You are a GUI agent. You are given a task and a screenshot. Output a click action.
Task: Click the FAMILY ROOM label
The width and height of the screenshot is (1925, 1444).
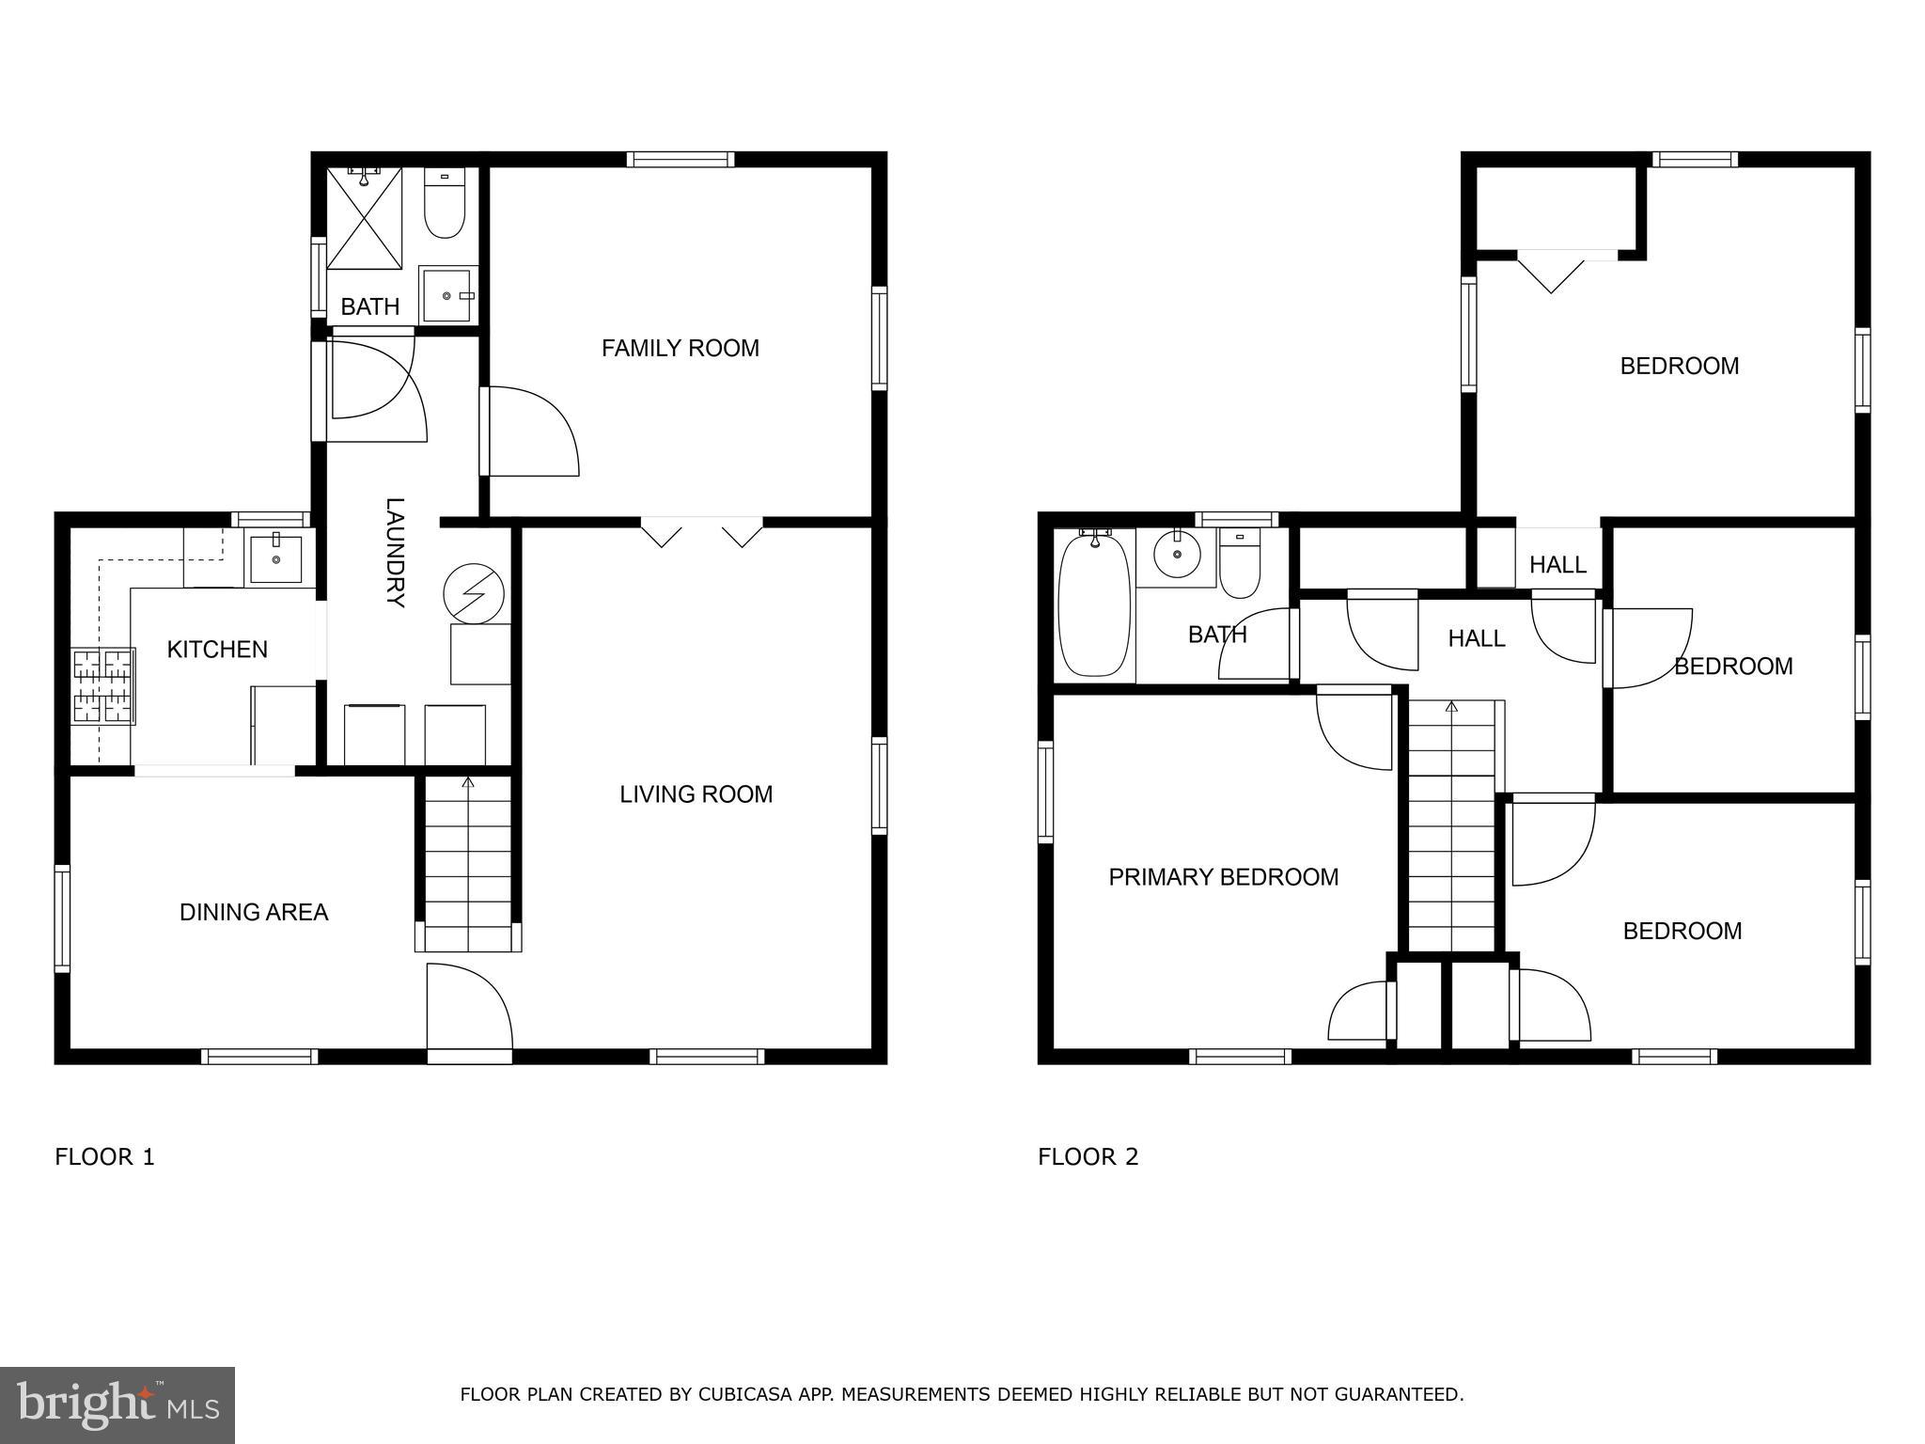tap(680, 349)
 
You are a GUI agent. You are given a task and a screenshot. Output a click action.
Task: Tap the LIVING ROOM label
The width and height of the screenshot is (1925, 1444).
tap(696, 794)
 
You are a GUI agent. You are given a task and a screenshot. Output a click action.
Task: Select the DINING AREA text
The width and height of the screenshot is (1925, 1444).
tap(254, 912)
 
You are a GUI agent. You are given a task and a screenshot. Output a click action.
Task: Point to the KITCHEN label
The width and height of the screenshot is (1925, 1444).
tap(217, 650)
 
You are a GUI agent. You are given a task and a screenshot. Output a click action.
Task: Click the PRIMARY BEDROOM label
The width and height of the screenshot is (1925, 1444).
tap(1223, 877)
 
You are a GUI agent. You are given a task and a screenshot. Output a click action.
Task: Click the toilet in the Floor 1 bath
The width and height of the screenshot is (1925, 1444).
tap(444, 204)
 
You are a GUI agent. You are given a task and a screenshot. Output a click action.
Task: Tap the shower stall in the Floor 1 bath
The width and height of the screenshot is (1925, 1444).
tap(364, 218)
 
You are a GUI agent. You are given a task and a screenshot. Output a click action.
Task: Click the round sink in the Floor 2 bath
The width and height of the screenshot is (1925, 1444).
tap(1176, 555)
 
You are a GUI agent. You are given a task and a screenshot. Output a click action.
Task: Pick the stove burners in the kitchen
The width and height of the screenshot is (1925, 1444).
tap(103, 685)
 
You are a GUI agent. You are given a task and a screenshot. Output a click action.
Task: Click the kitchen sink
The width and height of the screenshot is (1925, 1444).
tap(275, 557)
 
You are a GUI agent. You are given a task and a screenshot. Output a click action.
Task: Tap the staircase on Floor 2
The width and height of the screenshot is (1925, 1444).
tap(1450, 827)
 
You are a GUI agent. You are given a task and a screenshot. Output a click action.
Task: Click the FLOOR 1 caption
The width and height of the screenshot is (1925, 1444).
tap(104, 1157)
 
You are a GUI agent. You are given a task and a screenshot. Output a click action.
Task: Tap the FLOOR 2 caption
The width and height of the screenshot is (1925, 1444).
tap(1088, 1157)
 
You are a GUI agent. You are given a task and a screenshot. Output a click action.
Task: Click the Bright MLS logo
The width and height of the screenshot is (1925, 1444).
tap(117, 1405)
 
